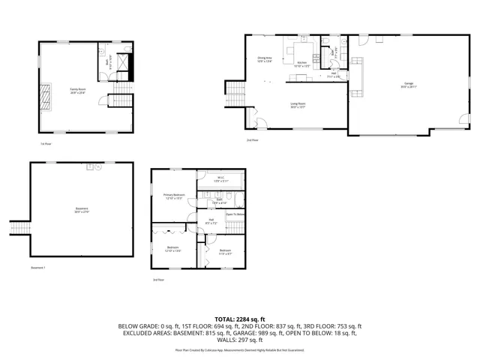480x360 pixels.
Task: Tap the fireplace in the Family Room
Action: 47,96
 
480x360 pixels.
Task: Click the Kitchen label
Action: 301,64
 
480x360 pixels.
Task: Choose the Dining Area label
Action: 264,59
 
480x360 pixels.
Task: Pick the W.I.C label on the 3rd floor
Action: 219,179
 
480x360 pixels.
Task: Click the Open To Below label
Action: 235,214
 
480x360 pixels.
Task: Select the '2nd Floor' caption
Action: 253,140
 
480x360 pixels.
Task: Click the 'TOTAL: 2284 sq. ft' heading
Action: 240,319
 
